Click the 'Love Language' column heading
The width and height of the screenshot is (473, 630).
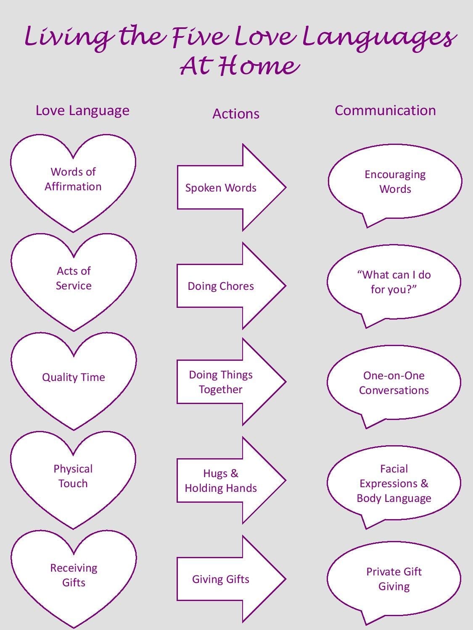point(82,110)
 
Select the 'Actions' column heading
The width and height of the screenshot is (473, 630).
point(235,114)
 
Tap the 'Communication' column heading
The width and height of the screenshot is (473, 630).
point(385,110)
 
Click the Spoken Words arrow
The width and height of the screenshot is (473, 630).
point(221,188)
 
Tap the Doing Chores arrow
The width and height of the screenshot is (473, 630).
point(221,286)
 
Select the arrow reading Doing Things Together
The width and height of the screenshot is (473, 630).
point(221,382)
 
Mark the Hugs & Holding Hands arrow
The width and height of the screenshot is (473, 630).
point(221,481)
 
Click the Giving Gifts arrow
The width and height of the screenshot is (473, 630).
point(221,579)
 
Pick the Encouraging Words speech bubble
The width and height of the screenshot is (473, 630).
point(395,181)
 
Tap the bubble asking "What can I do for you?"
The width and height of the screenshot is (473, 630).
point(394,282)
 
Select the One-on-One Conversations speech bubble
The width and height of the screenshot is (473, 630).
point(394,383)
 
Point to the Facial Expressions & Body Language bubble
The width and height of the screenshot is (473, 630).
point(394,483)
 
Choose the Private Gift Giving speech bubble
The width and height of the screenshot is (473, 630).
point(394,579)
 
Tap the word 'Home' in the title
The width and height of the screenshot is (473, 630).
point(256,66)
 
